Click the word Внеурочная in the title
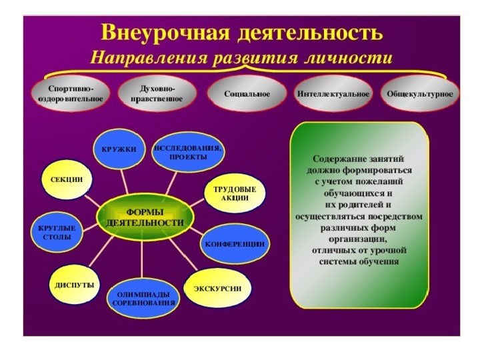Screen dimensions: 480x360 [165, 33]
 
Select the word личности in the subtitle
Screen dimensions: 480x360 [349, 57]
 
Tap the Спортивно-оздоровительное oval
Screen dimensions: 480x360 [71, 94]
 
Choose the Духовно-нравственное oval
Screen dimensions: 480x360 [157, 94]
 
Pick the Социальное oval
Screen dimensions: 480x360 [247, 94]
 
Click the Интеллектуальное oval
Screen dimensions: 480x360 [333, 94]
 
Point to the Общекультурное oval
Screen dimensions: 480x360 [420, 94]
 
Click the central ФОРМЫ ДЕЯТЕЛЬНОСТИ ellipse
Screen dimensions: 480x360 [145, 217]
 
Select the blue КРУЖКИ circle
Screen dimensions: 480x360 [119, 150]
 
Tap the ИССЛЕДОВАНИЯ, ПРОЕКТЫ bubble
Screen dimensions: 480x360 [188, 152]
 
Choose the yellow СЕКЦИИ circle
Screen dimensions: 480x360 [67, 180]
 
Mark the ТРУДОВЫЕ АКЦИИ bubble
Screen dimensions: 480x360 [235, 193]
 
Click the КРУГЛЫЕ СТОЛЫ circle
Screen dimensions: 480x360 [57, 233]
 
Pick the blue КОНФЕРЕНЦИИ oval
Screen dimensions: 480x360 [235, 244]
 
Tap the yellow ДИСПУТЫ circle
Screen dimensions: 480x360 [75, 285]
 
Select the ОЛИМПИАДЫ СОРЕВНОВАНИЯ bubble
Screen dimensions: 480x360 [143, 299]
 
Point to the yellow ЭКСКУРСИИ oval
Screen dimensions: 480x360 [217, 289]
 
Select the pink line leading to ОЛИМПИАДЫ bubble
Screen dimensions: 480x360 [142, 260]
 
